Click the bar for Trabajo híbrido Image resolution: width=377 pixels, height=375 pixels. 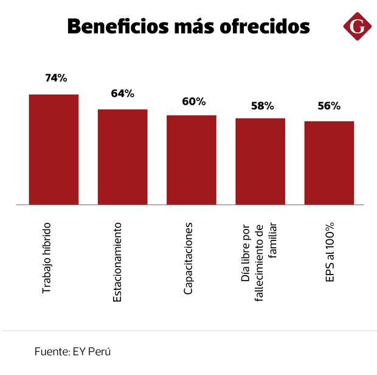[x=54, y=149]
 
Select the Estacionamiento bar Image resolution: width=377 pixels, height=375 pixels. [x=122, y=156]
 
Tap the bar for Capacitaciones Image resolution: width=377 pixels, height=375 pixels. [x=192, y=159]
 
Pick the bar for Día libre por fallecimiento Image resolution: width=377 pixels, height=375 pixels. [x=260, y=161]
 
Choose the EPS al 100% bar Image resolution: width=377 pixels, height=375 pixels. [x=329, y=163]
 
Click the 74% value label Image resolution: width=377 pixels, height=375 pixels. [x=56, y=78]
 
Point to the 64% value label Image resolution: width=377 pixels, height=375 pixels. [x=122, y=93]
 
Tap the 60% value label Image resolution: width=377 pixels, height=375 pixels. [x=193, y=101]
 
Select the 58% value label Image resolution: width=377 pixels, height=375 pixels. [x=262, y=105]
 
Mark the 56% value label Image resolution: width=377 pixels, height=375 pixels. [x=329, y=105]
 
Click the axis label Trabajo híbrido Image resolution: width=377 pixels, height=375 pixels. [x=46, y=259]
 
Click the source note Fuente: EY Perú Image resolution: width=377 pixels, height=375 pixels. [x=72, y=352]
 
